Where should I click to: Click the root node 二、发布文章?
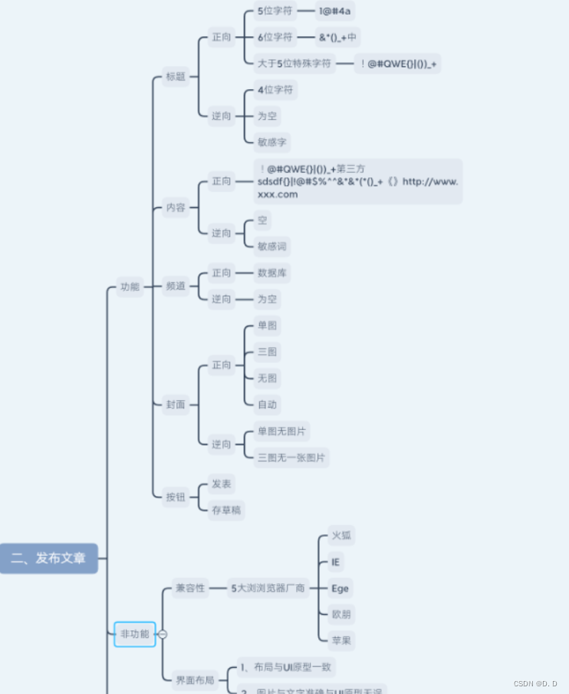click(x=49, y=558)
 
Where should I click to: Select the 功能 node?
click(x=130, y=286)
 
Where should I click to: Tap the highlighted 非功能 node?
click(x=134, y=634)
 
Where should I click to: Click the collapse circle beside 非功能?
click(x=163, y=634)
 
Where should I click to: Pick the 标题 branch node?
click(x=176, y=76)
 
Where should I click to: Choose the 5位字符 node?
click(x=275, y=11)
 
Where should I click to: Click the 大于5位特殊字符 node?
click(x=294, y=63)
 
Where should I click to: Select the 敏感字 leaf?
click(x=274, y=142)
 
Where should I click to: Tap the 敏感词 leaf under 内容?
click(x=274, y=246)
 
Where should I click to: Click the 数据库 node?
click(x=273, y=273)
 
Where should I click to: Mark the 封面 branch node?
click(x=176, y=405)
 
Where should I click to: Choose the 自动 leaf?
click(x=268, y=404)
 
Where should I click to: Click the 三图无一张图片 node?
click(x=291, y=458)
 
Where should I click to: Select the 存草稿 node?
click(x=227, y=510)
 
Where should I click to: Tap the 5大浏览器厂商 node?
click(x=268, y=588)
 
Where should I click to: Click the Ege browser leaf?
click(x=340, y=588)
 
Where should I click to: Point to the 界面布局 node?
click(x=195, y=679)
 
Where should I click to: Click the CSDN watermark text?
click(x=534, y=683)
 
